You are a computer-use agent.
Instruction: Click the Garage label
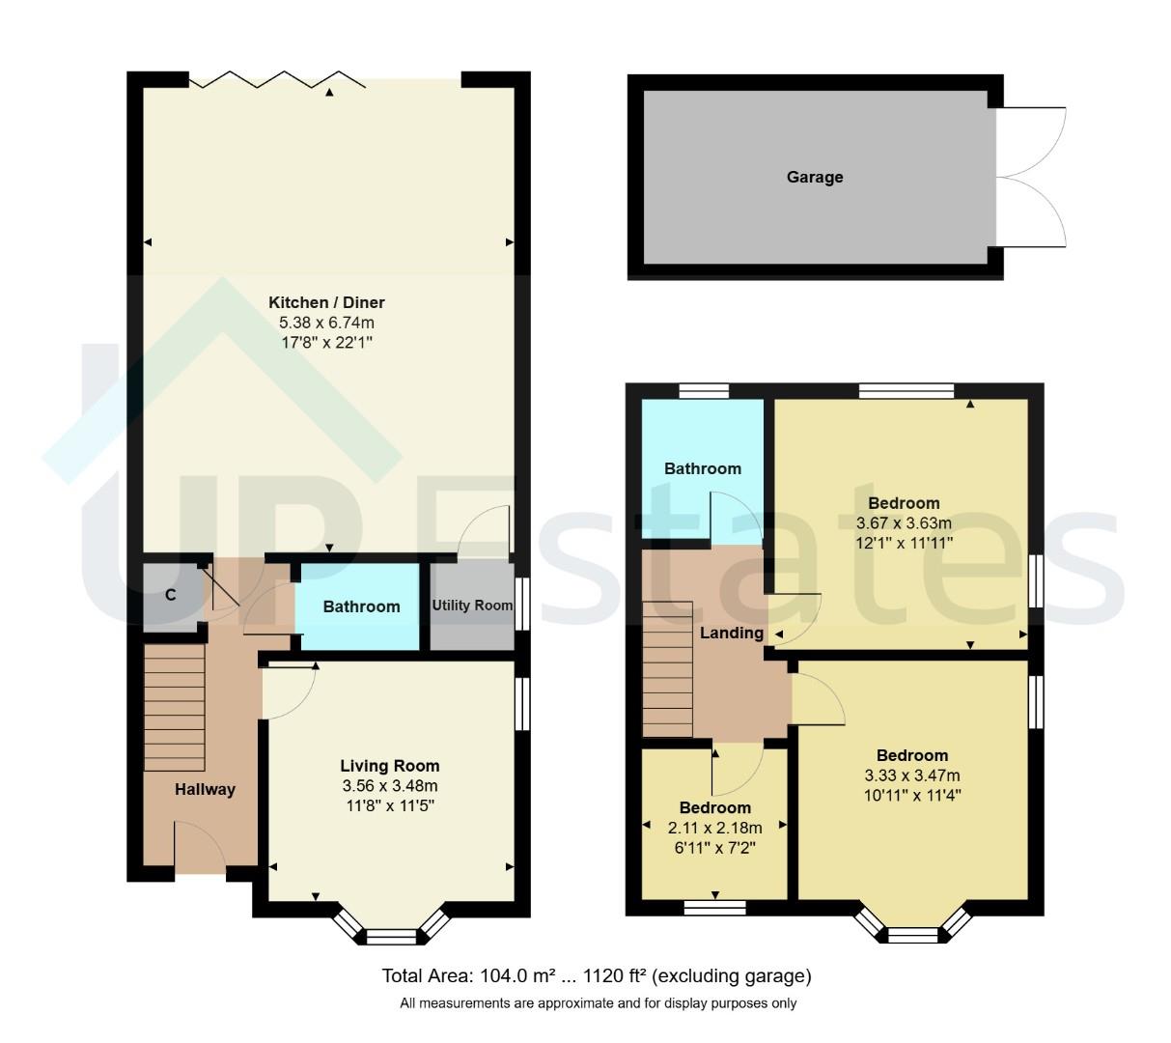(x=815, y=178)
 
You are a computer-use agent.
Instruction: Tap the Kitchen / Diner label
(x=326, y=303)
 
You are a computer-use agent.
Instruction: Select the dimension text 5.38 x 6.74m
(x=326, y=323)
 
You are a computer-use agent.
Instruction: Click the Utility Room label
(x=472, y=606)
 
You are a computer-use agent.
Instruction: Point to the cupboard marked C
(x=170, y=595)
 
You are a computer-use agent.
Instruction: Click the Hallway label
(x=205, y=790)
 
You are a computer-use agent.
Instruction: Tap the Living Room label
(x=389, y=766)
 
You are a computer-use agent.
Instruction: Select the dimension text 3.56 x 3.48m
(x=389, y=785)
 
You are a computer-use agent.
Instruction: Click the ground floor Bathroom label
(x=361, y=606)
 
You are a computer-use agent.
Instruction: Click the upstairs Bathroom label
(x=702, y=468)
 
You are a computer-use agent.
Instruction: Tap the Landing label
(x=732, y=634)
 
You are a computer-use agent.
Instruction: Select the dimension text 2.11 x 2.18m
(x=714, y=828)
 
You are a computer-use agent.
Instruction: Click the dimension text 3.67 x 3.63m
(x=904, y=522)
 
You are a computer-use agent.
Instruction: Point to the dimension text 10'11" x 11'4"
(x=911, y=795)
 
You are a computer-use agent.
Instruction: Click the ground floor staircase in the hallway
(x=175, y=707)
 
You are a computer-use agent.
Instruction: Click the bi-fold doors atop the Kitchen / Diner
(x=276, y=80)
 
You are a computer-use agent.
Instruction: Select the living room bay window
(x=392, y=933)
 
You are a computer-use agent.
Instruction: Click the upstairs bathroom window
(x=703, y=391)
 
